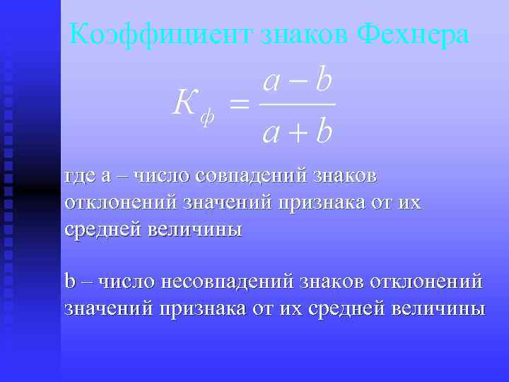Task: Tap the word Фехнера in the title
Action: (x=414, y=33)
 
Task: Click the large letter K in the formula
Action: (x=185, y=105)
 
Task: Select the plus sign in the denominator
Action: (x=297, y=132)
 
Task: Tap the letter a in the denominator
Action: (x=270, y=133)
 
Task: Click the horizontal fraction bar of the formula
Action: (x=297, y=106)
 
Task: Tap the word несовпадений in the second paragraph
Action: (x=228, y=282)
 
